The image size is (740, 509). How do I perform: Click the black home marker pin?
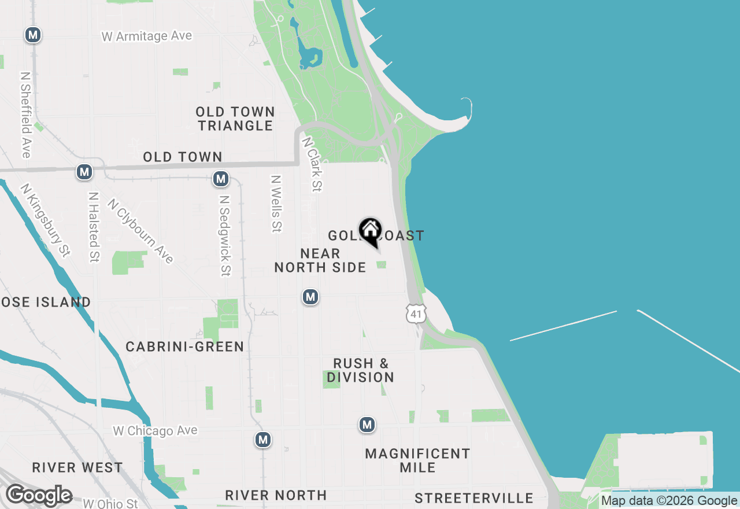point(371,232)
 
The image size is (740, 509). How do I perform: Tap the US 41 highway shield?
point(416,313)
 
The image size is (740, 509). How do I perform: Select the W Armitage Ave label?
point(146,36)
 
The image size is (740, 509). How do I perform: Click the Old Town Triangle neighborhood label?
point(235,119)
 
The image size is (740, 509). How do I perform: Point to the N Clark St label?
point(312,164)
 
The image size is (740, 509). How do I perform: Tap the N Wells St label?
point(276,204)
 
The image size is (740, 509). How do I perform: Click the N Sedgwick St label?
point(225,235)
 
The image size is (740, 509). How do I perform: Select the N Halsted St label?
point(94,227)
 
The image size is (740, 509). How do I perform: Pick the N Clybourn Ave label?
point(140,231)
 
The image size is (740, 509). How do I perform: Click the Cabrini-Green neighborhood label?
point(185,346)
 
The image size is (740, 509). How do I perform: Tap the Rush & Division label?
point(361,370)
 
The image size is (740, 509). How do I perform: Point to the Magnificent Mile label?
point(417,460)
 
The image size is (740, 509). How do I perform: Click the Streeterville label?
point(474,498)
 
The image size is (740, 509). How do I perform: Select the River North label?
point(276,495)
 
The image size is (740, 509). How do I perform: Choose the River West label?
point(77,467)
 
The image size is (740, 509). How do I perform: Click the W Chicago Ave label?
point(155,431)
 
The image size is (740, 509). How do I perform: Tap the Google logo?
point(39,495)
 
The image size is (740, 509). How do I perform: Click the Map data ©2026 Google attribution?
point(669,501)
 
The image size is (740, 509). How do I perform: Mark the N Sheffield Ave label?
point(25,115)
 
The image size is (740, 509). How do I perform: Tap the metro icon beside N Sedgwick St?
point(220,179)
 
